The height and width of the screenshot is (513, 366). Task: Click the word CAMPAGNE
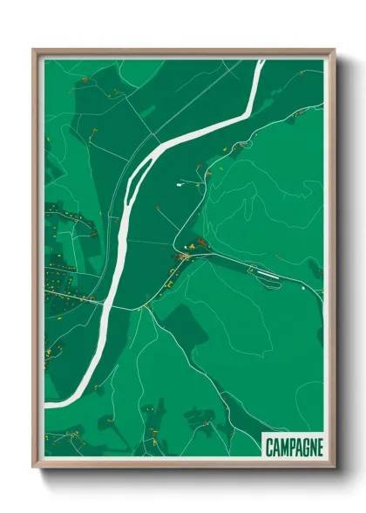(x=293, y=447)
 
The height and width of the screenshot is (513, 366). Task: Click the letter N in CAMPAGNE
(x=311, y=447)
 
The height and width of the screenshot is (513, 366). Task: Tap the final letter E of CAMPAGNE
(x=319, y=447)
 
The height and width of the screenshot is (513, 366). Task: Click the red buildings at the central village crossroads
(x=184, y=256)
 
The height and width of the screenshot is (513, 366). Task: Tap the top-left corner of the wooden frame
(x=33, y=50)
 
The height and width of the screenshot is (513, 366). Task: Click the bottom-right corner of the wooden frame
(x=335, y=468)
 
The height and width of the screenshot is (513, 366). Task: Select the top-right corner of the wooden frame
(x=335, y=50)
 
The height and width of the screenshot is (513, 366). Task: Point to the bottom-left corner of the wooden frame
(x=33, y=468)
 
